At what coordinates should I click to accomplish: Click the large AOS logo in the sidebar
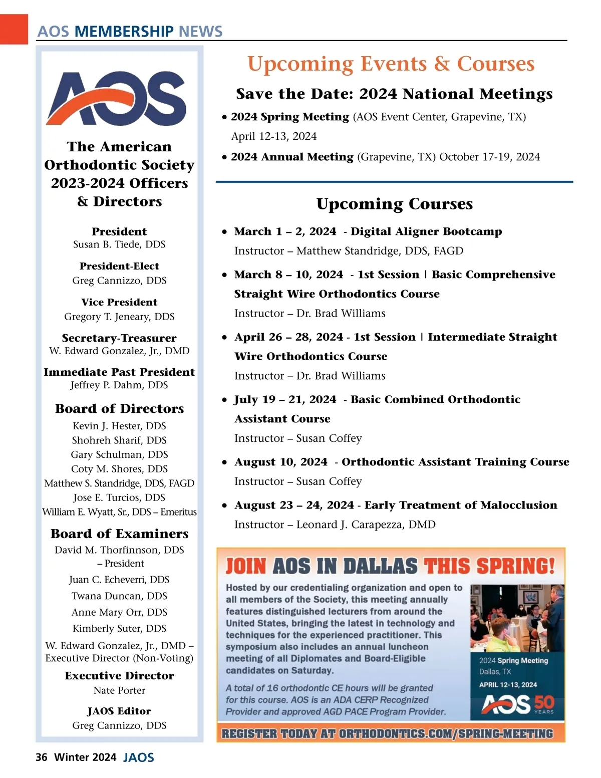[117, 98]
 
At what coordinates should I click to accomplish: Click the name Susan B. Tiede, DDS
[119, 244]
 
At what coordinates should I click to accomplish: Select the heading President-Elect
[119, 266]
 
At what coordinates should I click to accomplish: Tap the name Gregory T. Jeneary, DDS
[119, 317]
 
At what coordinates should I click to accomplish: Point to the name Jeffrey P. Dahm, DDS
[119, 385]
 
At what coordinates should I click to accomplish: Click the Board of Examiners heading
[119, 534]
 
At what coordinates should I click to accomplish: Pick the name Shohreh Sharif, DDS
[119, 440]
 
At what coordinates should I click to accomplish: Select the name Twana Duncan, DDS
[119, 596]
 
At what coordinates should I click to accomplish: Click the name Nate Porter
[119, 690]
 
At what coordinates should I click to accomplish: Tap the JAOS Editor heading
[119, 711]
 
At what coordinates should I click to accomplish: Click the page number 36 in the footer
[41, 757]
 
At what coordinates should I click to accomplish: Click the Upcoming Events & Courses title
[391, 64]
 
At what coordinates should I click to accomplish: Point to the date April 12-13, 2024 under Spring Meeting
[274, 136]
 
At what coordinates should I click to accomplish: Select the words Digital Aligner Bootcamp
[426, 231]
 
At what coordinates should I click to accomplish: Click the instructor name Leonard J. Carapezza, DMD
[366, 525]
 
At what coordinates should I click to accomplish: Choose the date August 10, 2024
[280, 462]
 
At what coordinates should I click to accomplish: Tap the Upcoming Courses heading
[395, 204]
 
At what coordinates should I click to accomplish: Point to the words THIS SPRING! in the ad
[489, 566]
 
